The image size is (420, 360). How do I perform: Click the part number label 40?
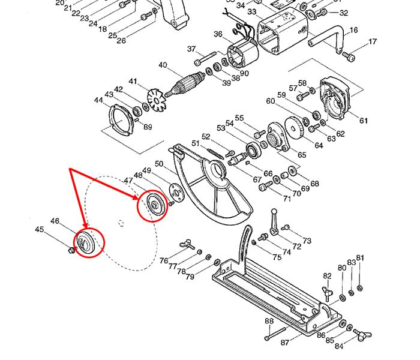pos(163,65)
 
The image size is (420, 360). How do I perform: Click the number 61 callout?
pos(363,121)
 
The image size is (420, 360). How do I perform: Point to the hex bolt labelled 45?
pos(71,250)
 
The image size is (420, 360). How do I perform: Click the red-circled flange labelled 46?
pos(85,242)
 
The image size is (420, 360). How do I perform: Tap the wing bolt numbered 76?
pos(187,245)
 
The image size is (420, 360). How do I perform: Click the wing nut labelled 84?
pos(363,334)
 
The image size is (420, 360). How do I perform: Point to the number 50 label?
pos(159,164)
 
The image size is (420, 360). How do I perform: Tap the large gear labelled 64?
pos(294,128)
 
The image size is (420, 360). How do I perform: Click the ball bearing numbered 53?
pos(253,151)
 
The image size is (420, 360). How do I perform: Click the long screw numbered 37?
pos(205,58)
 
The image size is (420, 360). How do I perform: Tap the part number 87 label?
pos(285,343)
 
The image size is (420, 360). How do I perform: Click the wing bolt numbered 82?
pos(328,293)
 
